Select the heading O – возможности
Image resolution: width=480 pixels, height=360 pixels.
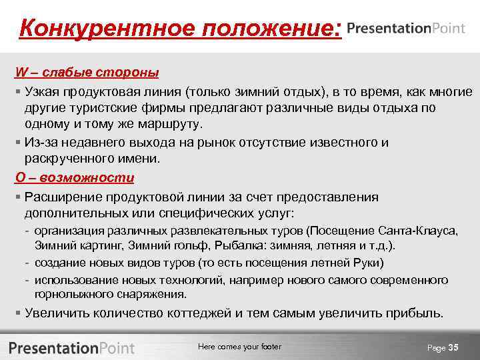pos(75,178)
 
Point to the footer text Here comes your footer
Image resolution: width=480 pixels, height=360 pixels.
pos(240,347)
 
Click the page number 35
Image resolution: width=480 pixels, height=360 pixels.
pos(454,347)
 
